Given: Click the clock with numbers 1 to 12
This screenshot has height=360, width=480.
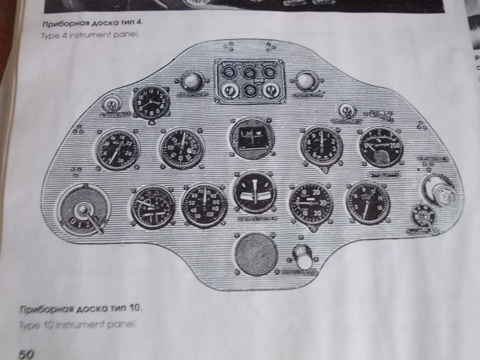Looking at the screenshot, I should pos(151,104).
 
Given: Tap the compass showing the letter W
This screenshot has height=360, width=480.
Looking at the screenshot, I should pos(252,137).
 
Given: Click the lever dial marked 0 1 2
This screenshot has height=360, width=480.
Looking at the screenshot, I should pos(84,210).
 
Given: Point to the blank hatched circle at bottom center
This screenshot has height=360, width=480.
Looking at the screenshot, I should pos(255,254).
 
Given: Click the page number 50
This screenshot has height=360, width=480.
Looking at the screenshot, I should pos(26,354).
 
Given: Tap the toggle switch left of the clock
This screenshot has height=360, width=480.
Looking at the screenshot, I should pos(109,105).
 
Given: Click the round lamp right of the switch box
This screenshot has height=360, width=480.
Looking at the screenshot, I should pos(304,81).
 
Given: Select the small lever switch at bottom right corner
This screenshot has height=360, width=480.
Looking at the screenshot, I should pos(422,217).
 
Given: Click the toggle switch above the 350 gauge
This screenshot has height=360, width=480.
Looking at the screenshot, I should pos(348,109).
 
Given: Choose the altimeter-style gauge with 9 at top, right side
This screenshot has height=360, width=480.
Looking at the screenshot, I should pos(321,145).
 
